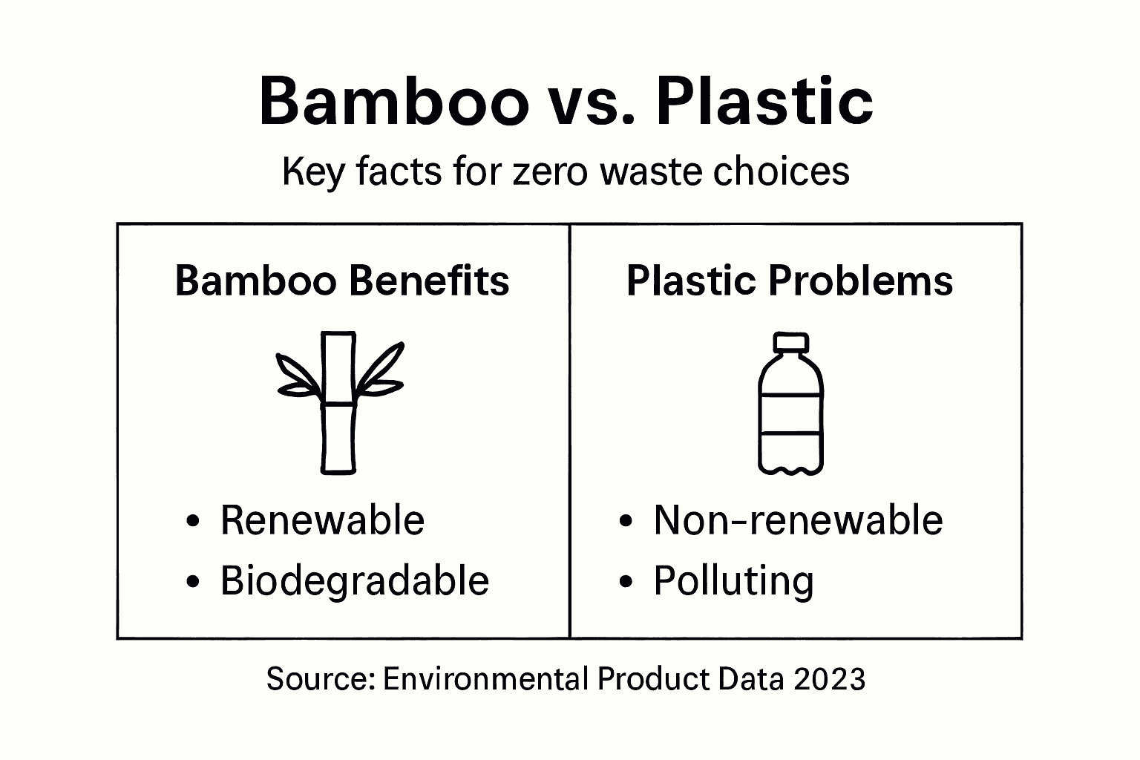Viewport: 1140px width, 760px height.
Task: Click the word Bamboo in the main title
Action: (393, 102)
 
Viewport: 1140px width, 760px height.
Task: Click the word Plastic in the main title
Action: (764, 102)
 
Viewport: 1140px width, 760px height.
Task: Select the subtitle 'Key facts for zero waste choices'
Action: (566, 171)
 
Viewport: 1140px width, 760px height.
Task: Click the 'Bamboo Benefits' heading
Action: (342, 281)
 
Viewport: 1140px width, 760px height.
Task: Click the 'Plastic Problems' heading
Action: (790, 281)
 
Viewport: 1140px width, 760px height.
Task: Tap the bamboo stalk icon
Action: (338, 402)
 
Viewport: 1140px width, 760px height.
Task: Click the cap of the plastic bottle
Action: (790, 342)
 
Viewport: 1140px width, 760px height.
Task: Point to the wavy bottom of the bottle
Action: (790, 468)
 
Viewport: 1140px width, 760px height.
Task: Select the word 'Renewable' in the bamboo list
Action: (322, 520)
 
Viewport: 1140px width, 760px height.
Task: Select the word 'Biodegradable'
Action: (355, 580)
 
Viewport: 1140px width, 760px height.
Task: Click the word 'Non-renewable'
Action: (798, 520)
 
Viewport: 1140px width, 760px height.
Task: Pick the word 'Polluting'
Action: (733, 581)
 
